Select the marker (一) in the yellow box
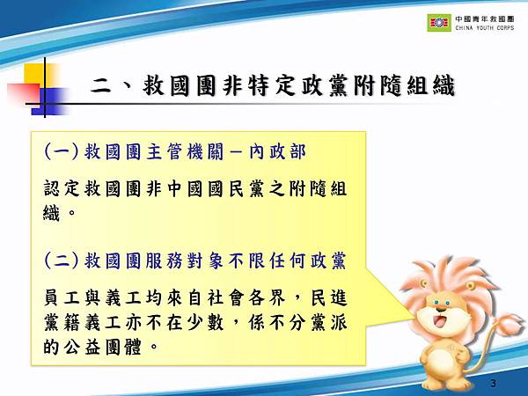pyautogui.click(x=61, y=152)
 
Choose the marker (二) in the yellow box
pyautogui.click(x=61, y=260)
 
